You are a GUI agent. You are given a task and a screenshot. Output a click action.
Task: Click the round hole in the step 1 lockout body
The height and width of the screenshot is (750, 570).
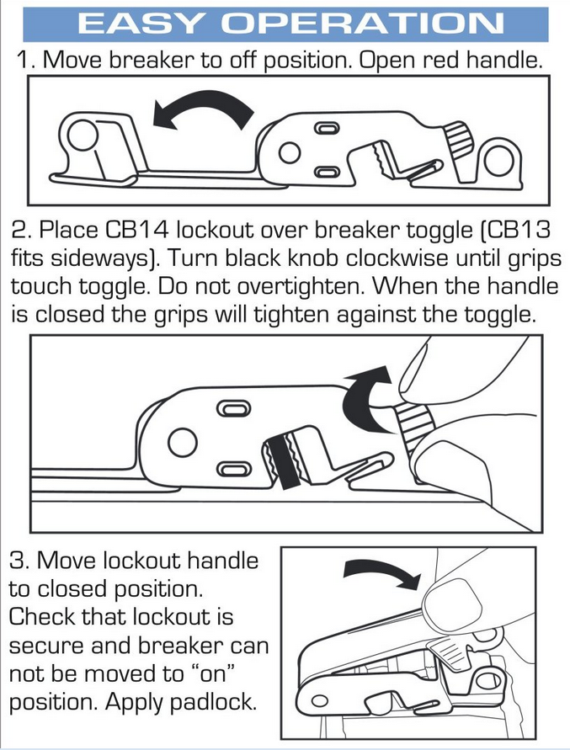click(289, 152)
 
